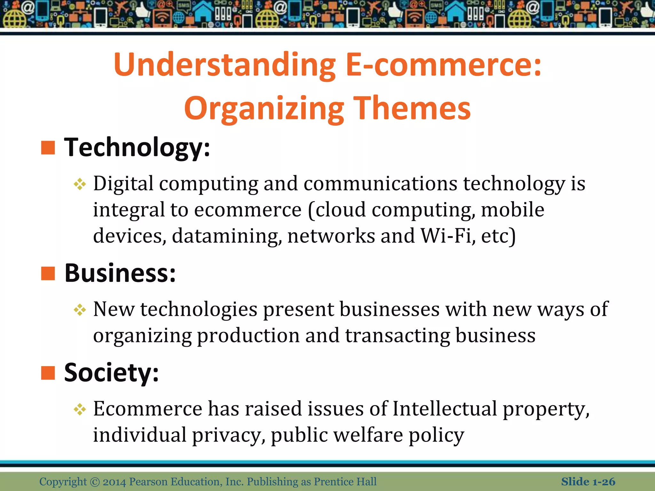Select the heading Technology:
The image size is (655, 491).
(x=137, y=148)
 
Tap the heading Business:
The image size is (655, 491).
(x=120, y=273)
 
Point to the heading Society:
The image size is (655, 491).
(x=111, y=373)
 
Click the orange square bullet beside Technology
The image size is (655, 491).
(x=48, y=148)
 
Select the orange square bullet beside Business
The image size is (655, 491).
(x=48, y=273)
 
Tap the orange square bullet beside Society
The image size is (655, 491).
(x=48, y=373)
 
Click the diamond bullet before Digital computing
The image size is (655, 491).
(x=80, y=184)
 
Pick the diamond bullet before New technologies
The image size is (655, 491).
(x=80, y=310)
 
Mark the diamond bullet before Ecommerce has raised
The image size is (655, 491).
(x=80, y=409)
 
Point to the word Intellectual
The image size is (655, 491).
(x=445, y=409)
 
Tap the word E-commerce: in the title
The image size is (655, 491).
(x=444, y=65)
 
